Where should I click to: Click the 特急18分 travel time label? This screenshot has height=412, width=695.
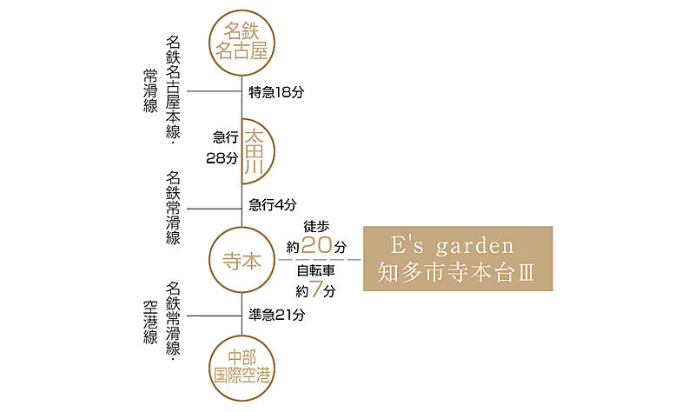tap(276, 92)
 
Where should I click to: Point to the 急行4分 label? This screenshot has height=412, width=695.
tap(273, 204)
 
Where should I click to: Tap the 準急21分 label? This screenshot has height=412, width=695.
tap(277, 315)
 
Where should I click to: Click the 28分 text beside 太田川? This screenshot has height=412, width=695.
tap(222, 158)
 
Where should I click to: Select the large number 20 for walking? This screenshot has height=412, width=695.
tap(316, 245)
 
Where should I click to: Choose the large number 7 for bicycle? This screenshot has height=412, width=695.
tap(315, 289)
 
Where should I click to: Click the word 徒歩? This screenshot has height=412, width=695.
tap(316, 226)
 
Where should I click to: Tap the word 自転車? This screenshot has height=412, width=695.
tap(315, 270)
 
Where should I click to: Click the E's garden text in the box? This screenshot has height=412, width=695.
tap(453, 246)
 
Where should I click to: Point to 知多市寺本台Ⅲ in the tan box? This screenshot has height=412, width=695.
tap(455, 272)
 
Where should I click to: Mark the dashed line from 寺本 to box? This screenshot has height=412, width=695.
tap(320, 259)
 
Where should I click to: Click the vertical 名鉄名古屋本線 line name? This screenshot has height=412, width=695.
tap(173, 87)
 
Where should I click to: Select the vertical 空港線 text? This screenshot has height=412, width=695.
tap(150, 322)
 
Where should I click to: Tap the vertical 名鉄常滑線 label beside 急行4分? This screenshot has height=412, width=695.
tap(173, 209)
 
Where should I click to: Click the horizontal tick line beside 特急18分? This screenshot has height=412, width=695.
tap(215, 91)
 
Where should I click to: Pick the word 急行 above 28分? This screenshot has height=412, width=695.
tap(226, 137)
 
